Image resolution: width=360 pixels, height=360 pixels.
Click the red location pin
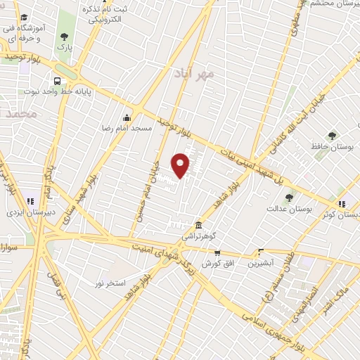pyautogui.click(x=181, y=165)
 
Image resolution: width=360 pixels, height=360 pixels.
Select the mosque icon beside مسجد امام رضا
pyautogui.click(x=127, y=117)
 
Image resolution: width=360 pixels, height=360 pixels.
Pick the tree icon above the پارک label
pyautogui.click(x=65, y=37)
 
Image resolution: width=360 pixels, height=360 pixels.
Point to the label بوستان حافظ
pyautogui.click(x=330, y=147)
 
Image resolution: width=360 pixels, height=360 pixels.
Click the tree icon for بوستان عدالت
pyautogui.click(x=289, y=198)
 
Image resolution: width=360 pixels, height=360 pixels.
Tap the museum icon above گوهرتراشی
pyautogui.click(x=200, y=226)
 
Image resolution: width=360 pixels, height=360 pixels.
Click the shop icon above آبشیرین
pyautogui.click(x=261, y=252)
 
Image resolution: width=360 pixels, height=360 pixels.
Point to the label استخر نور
pyautogui.click(x=110, y=282)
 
